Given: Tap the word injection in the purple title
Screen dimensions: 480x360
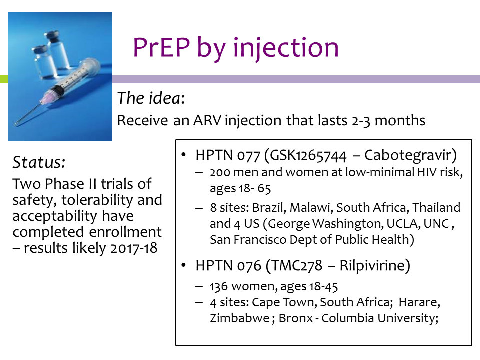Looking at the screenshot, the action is coord(286,48).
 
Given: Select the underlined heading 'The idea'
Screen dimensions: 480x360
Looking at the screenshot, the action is coord(149,98).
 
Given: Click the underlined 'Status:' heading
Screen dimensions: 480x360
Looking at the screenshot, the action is coord(39,162).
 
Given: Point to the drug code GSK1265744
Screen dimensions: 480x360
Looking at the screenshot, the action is coord(308,156).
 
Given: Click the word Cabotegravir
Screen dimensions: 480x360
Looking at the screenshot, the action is coord(408,155).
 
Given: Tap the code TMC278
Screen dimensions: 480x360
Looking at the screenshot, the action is coord(297,265).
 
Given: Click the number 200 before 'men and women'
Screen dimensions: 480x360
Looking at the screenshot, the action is coord(220,172).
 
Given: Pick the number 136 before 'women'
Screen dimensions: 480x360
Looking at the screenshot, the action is coord(218,287).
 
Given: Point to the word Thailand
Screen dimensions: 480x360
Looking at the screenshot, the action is coord(436,207).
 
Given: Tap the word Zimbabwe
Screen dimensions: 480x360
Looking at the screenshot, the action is coord(239,318).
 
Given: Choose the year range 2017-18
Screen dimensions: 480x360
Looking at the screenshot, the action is coord(134,248).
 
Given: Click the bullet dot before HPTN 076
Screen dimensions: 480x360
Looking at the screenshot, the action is coord(183,265).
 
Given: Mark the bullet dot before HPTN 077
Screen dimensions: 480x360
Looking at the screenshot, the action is coord(183,155).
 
